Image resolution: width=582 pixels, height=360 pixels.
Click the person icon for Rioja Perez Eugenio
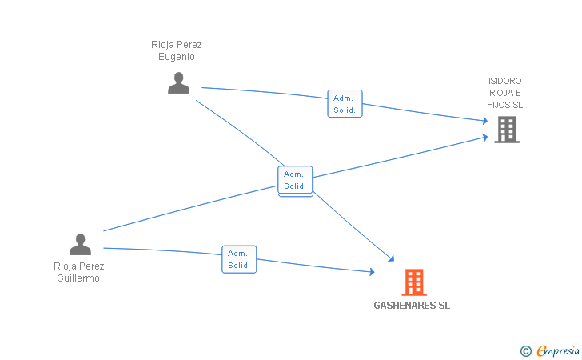(x=178, y=83)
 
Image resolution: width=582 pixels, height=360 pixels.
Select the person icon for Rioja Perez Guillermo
(x=80, y=245)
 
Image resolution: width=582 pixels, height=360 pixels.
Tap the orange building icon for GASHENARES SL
(x=413, y=282)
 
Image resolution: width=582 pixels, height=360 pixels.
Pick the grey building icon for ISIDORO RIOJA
(x=506, y=129)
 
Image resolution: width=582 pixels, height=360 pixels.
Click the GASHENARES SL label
(x=412, y=306)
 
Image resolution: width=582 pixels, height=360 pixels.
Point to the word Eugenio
(x=176, y=57)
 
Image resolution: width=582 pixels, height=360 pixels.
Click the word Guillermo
(x=78, y=278)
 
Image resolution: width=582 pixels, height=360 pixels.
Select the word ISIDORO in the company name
(x=505, y=81)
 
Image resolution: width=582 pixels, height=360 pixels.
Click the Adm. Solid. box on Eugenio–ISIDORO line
(x=345, y=104)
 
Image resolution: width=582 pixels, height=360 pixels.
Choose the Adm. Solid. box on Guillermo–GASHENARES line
(x=239, y=259)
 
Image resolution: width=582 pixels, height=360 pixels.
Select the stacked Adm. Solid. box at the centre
(x=295, y=180)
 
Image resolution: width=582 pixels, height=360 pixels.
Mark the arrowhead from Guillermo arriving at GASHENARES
(x=372, y=273)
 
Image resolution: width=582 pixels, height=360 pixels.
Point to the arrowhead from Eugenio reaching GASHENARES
(x=392, y=258)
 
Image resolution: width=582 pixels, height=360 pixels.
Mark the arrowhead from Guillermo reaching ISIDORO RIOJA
(x=484, y=137)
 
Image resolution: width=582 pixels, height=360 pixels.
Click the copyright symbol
(x=525, y=350)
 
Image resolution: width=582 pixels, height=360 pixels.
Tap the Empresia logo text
(x=558, y=350)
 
